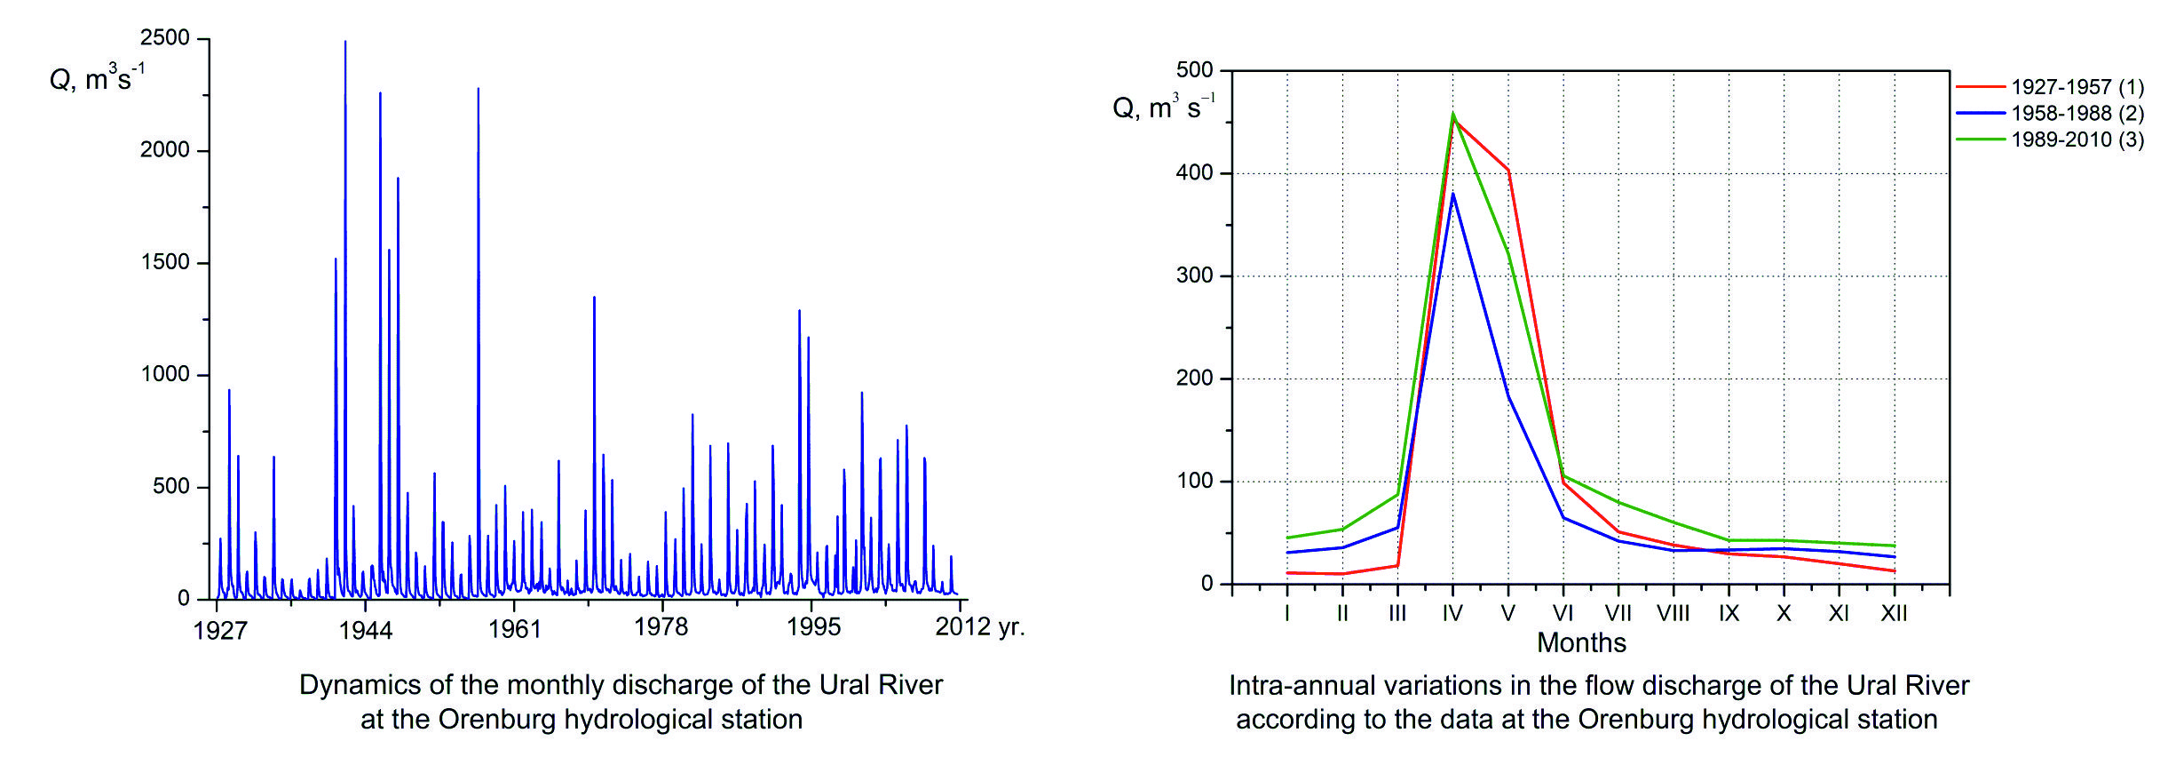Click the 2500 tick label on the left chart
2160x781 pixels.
[x=165, y=38]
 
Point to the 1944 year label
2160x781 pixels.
[x=365, y=631]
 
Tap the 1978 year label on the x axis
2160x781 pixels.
[x=661, y=627]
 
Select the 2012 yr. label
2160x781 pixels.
[x=979, y=627]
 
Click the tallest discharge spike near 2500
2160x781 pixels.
[x=345, y=43]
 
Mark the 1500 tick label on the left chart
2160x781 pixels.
[x=165, y=263]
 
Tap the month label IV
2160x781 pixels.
[x=1452, y=613]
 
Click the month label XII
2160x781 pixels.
[x=1894, y=613]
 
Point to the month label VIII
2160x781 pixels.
[x=1673, y=613]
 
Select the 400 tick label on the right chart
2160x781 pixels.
[x=1194, y=173]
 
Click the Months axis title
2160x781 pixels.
[x=1581, y=642]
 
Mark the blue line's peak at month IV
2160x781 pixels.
[x=1452, y=193]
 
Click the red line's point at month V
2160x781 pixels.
[x=1507, y=171]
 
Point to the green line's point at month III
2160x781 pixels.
[x=1397, y=495]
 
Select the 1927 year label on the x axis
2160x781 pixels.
[x=219, y=631]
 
